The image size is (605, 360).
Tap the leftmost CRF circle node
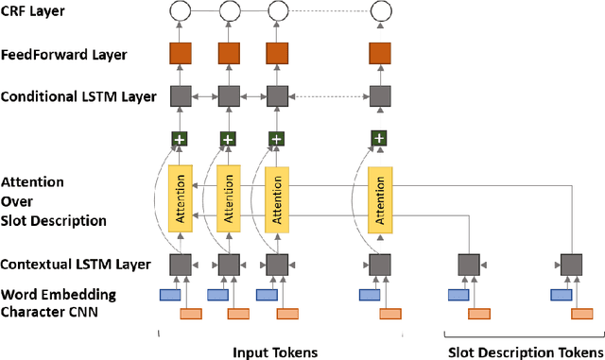click(180, 11)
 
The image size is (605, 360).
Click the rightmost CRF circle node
click(379, 11)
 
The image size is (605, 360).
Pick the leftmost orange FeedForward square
click(180, 54)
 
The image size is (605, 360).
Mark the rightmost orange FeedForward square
click(379, 54)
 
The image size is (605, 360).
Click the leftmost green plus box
click(180, 139)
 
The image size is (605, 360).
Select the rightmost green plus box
click(379, 139)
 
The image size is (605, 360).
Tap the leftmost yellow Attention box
click(180, 198)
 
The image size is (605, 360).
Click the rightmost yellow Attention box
click(379, 198)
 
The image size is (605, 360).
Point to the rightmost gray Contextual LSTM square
click(570, 265)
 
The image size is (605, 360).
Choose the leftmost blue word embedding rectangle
click(170, 296)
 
